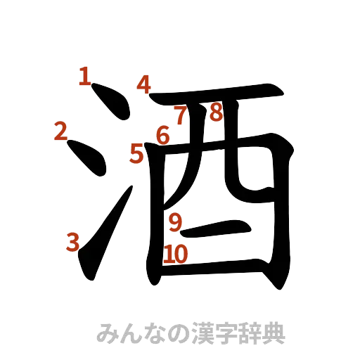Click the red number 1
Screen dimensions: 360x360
point(84,76)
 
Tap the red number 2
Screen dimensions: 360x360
point(60,130)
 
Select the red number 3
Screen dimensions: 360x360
point(71,242)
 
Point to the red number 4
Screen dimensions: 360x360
point(144,85)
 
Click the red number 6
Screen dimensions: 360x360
point(163,135)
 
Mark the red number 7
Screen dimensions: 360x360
point(180,115)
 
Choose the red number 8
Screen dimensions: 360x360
point(215,112)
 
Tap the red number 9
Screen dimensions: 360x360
point(176,222)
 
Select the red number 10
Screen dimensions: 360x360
point(176,255)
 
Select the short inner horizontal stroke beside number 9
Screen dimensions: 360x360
point(218,226)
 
